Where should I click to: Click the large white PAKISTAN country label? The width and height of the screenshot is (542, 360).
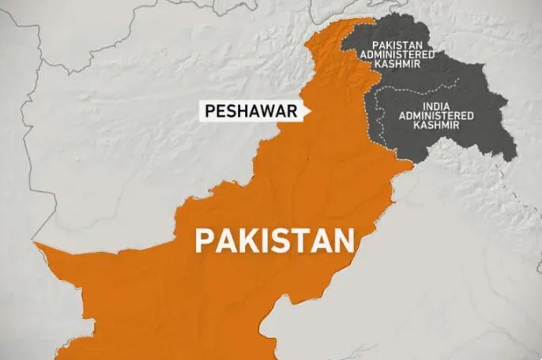[274, 240]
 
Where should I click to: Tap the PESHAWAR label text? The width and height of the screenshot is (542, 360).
[250, 112]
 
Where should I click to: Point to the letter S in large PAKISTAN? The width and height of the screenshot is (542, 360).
[281, 240]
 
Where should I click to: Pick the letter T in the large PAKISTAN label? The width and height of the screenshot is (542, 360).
[300, 240]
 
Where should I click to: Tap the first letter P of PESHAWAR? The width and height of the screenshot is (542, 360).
[209, 112]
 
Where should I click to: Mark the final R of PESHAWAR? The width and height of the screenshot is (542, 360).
[292, 112]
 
